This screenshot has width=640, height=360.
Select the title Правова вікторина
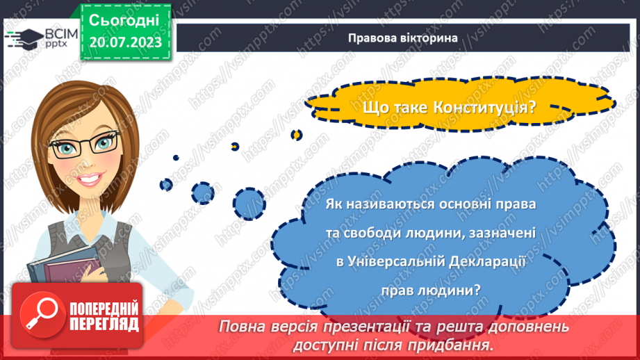click(403, 38)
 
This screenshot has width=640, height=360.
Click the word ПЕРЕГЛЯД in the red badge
click(104, 324)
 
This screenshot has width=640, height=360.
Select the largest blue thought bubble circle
click(249, 202)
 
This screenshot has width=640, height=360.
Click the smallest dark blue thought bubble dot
click(176, 158)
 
